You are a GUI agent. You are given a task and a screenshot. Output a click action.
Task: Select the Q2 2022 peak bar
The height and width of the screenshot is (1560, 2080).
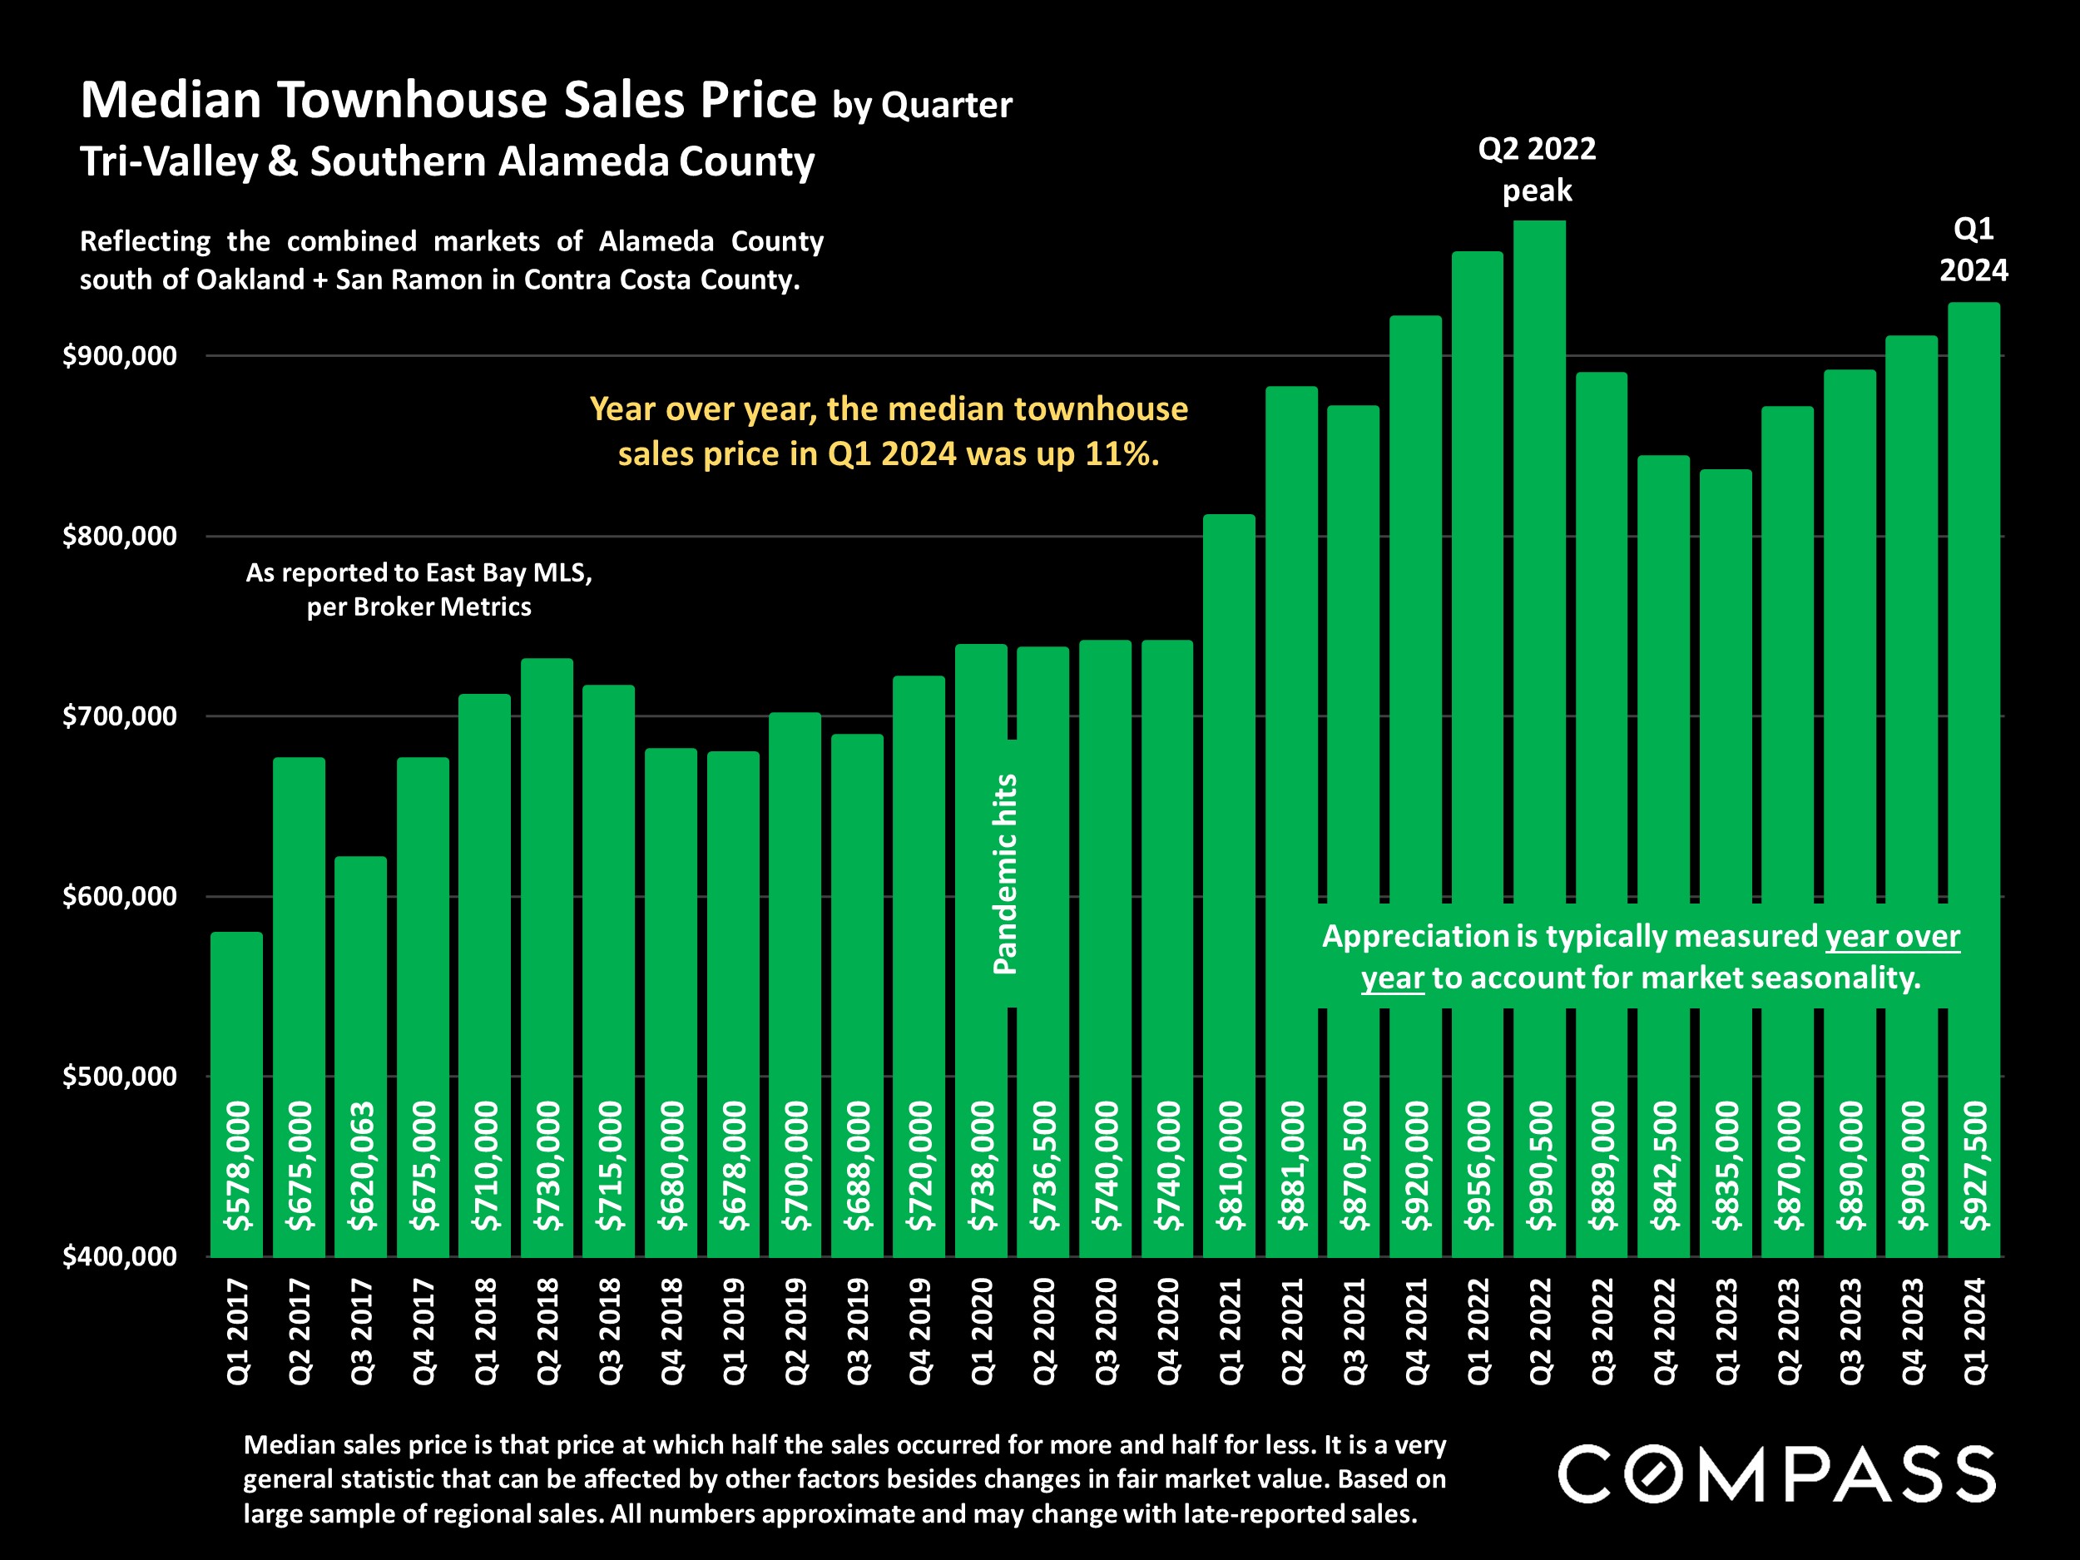pyautogui.click(x=1539, y=564)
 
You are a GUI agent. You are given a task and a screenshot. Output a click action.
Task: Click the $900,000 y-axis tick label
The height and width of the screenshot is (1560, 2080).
pyautogui.click(x=120, y=355)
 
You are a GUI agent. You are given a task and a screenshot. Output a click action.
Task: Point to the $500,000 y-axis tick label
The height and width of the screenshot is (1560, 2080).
pyautogui.click(x=120, y=1076)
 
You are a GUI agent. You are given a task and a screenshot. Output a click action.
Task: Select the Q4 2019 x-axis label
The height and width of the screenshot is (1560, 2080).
pyautogui.click(x=919, y=1330)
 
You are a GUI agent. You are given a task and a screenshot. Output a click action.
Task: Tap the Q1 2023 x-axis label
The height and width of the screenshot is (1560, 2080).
pyautogui.click(x=1726, y=1330)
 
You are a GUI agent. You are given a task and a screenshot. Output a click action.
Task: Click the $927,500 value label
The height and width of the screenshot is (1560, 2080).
pyautogui.click(x=1974, y=1166)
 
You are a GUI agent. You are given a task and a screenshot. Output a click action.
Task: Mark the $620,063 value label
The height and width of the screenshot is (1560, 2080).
pyautogui.click(x=361, y=1166)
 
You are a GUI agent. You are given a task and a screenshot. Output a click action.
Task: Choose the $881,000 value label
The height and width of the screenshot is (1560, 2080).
pyautogui.click(x=1292, y=1166)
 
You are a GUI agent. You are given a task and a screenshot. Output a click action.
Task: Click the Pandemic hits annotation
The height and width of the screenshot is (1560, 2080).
pyautogui.click(x=1005, y=874)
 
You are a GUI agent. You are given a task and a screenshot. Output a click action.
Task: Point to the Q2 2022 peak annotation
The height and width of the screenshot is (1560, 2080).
pyautogui.click(x=1537, y=169)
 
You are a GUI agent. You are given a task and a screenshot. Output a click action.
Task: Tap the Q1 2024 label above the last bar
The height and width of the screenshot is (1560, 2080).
pyautogui.click(x=1974, y=250)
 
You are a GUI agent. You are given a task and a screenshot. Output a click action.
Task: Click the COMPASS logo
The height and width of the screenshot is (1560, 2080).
pyautogui.click(x=1776, y=1474)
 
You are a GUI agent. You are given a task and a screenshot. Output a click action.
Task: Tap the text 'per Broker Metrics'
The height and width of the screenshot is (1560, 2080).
pyautogui.click(x=418, y=607)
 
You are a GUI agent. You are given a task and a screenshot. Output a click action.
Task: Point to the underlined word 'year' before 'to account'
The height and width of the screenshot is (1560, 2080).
pyautogui.click(x=1392, y=978)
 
